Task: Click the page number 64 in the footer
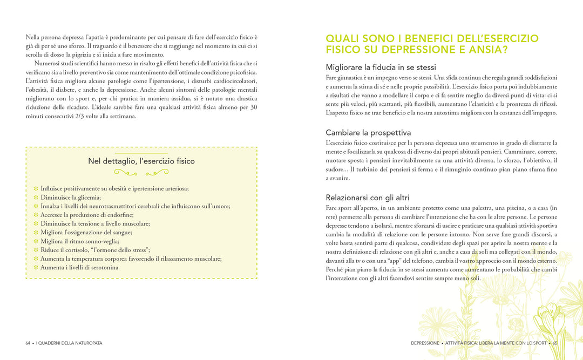[x=28, y=343]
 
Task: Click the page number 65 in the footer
[x=554, y=343]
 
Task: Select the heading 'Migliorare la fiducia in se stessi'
[x=381, y=67]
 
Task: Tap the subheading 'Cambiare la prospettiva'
[x=368, y=132]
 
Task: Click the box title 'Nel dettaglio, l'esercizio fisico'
[x=141, y=161]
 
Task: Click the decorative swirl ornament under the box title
[x=141, y=173]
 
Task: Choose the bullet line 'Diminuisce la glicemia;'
[x=71, y=197]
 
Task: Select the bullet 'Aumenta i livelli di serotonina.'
[x=80, y=268]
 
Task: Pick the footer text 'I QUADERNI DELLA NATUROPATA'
[x=69, y=343]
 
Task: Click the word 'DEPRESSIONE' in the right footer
[x=425, y=343]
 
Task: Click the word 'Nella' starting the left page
[x=33, y=37]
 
